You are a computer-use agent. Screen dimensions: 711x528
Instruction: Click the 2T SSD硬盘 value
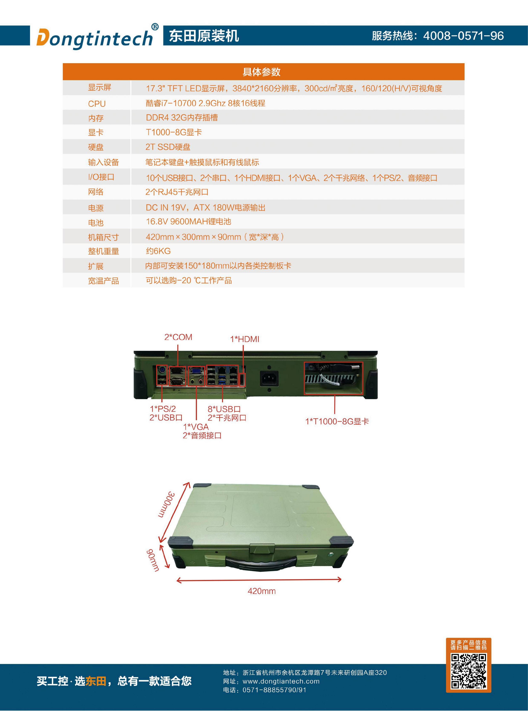click(x=168, y=147)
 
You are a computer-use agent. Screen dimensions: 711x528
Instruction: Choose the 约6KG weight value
click(x=158, y=251)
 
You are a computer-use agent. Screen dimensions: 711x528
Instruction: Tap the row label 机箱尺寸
click(x=103, y=237)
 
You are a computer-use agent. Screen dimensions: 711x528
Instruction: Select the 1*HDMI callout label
click(x=245, y=339)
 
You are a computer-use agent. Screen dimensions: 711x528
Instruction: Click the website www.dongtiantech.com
click(x=281, y=681)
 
